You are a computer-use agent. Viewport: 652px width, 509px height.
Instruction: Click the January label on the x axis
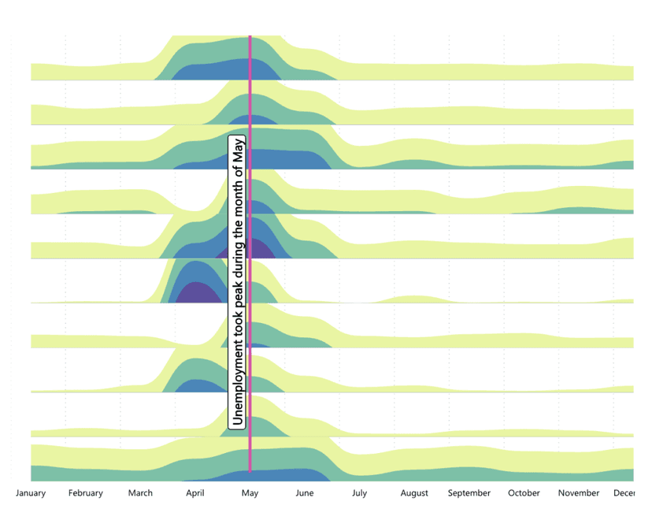(x=31, y=493)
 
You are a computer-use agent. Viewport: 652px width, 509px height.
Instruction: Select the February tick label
(x=85, y=493)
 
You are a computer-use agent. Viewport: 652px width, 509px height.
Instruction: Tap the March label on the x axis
(x=140, y=493)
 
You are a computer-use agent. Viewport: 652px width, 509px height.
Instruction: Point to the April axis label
(x=195, y=493)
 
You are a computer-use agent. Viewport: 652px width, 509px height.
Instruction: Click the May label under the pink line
(x=250, y=493)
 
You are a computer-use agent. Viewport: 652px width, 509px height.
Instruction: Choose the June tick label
(x=305, y=493)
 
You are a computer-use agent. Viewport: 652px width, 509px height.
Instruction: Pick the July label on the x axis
(x=359, y=493)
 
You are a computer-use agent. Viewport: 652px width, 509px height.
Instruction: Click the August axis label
(x=414, y=493)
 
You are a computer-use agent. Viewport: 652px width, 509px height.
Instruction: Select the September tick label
(x=469, y=493)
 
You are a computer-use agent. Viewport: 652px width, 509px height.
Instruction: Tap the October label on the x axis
(x=524, y=493)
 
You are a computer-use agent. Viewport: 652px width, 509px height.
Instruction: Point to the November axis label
(x=579, y=493)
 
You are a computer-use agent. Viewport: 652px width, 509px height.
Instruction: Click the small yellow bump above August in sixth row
(x=410, y=299)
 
